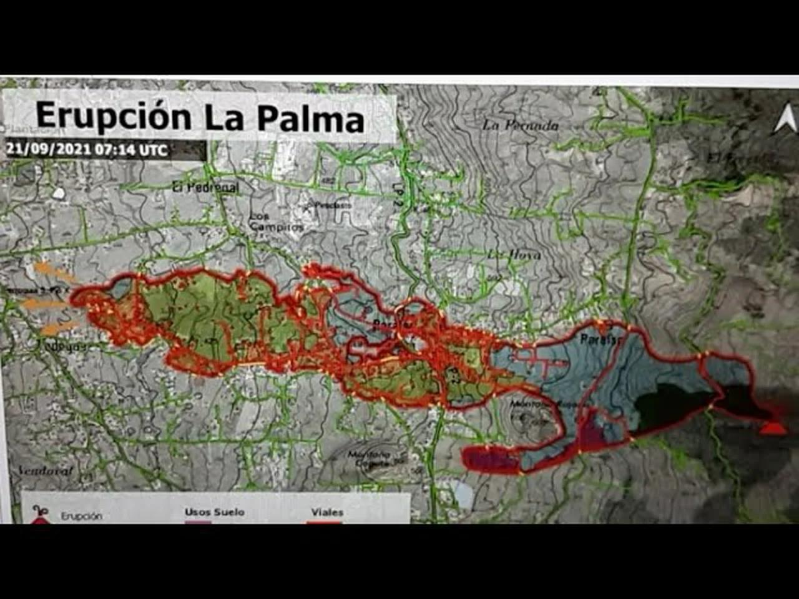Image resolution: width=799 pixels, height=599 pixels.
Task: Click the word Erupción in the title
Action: pos(113,117)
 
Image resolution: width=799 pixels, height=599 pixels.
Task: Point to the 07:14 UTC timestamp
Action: pos(137,150)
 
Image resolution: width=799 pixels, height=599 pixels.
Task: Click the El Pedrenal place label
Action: pos(205,187)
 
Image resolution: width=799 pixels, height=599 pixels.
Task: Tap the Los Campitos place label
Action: pos(275,222)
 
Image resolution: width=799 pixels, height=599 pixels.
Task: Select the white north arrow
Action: pos(786,119)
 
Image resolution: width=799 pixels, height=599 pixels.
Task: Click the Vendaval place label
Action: pos(46,470)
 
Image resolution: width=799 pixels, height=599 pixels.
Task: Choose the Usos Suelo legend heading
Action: pos(214,512)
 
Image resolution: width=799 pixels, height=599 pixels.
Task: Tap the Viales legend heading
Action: pos(327,512)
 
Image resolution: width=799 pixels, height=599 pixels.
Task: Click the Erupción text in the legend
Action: pos(81,516)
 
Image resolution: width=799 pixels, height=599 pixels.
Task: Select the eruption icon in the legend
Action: pos(39,514)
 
